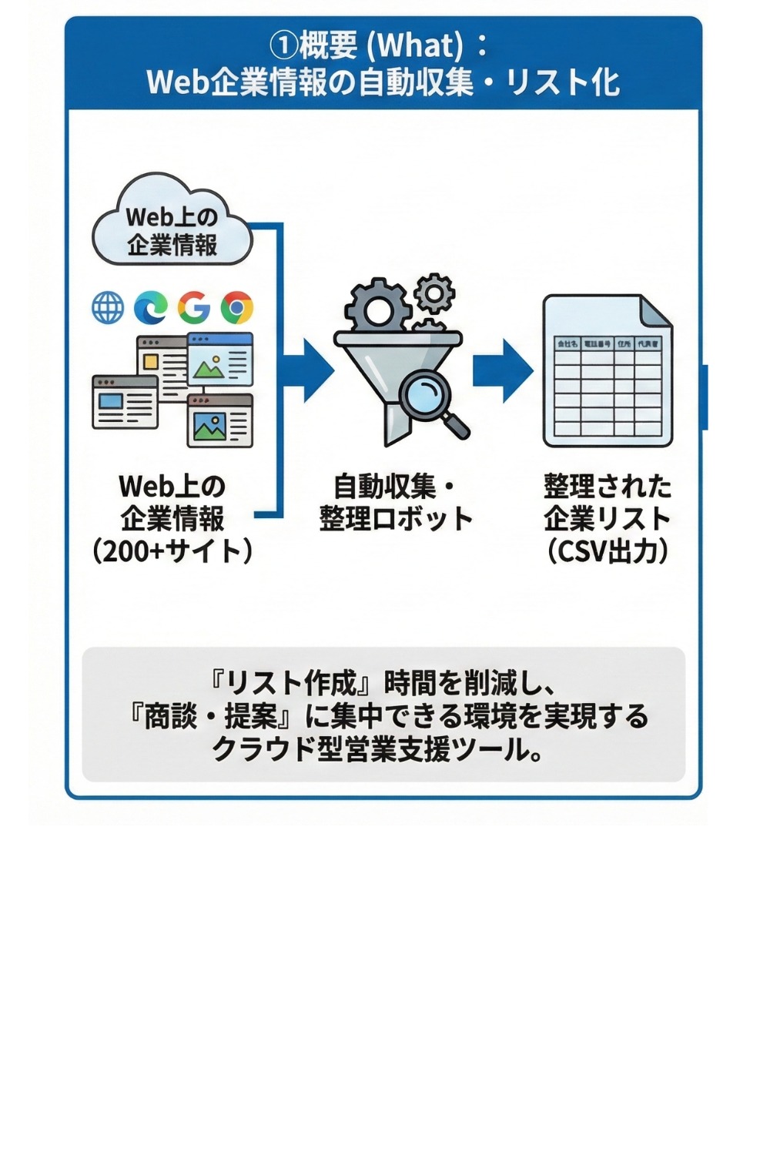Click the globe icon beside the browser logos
pyautogui.click(x=108, y=308)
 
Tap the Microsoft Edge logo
pyautogui.click(x=150, y=308)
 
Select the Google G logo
pyautogui.click(x=193, y=308)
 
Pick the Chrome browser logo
pyautogui.click(x=236, y=308)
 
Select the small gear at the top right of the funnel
pyautogui.click(x=434, y=293)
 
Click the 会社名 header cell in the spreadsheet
pyautogui.click(x=567, y=344)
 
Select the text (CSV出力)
pyautogui.click(x=608, y=551)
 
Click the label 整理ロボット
pyautogui.click(x=396, y=519)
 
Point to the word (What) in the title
pyautogui.click(x=416, y=46)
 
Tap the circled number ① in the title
pyautogui.click(x=283, y=46)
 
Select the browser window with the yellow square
pyautogui.click(x=162, y=367)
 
